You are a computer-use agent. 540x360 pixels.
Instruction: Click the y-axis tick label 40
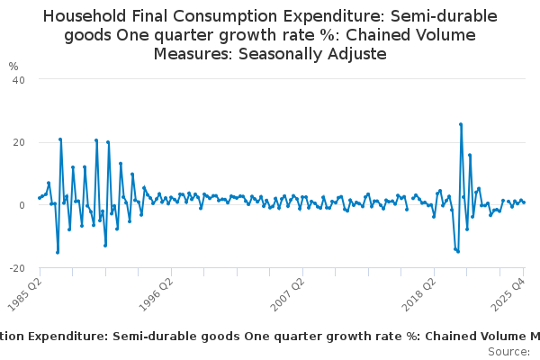(18, 79)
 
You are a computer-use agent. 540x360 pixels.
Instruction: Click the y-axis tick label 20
(18, 142)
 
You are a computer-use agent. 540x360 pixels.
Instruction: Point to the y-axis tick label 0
(21, 205)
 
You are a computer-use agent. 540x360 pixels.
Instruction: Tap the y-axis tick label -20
(16, 268)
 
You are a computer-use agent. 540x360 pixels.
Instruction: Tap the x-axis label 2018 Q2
(421, 294)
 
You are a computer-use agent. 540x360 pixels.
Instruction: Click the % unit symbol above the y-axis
(13, 66)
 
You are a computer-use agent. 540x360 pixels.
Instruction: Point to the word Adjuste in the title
(356, 54)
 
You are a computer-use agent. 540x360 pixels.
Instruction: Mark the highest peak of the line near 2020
(460, 124)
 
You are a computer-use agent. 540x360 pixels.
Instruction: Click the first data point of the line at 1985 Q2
(39, 198)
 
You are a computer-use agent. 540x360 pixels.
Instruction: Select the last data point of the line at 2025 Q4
(524, 202)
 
